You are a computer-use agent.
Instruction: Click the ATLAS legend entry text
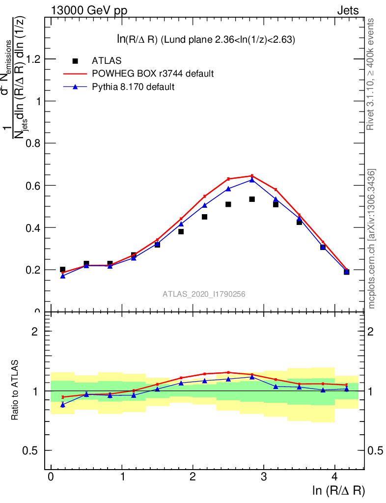coord(107,61)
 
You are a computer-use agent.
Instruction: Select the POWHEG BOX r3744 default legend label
coord(153,74)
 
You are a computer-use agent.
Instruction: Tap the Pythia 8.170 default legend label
coord(133,87)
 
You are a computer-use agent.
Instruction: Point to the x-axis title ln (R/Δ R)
coord(338,490)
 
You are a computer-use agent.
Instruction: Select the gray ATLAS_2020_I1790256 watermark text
coord(204,294)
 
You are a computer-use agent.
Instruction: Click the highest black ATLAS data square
coord(252,199)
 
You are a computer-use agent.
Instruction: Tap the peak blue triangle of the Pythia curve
coord(252,180)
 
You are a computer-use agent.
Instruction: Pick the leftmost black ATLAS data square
coord(63,270)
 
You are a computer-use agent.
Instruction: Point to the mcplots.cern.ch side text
coord(372,239)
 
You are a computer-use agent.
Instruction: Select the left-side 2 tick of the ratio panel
coord(35,332)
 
